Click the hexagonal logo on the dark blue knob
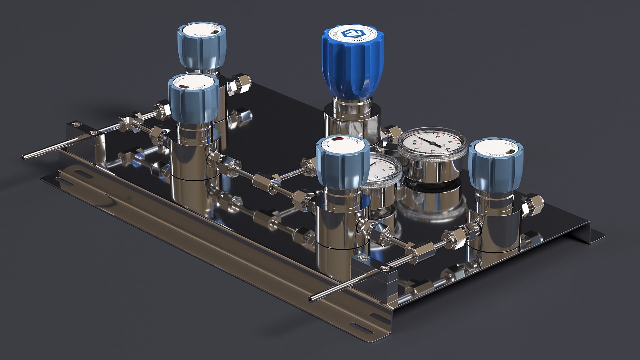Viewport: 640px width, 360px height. point(352,34)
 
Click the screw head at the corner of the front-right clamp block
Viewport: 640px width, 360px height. point(361,257)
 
